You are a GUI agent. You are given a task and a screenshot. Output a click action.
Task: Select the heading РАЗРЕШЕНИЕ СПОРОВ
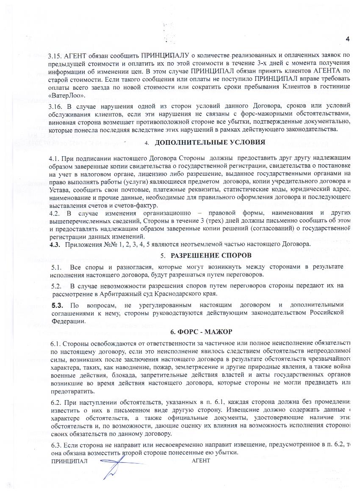(x=211, y=255)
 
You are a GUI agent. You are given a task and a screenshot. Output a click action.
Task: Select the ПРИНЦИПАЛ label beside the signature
(x=69, y=460)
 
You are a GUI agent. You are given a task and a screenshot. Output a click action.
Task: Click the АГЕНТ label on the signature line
(x=201, y=460)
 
